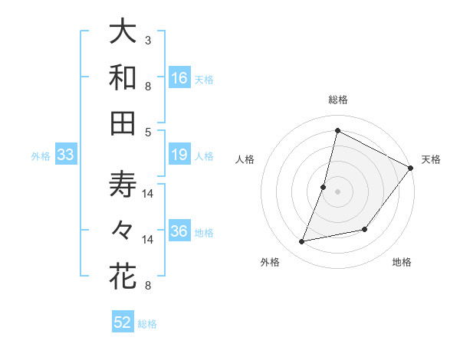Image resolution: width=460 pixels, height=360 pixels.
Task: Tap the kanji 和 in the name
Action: pos(123,77)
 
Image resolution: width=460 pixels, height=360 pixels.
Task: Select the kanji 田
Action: pos(123,123)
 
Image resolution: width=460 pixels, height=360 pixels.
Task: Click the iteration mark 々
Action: pos(123,231)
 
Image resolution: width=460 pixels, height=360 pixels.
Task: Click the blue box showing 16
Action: pos(179,78)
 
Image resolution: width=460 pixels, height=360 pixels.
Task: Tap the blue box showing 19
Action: pos(179,155)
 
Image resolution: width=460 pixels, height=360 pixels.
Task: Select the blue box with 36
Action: pos(179,232)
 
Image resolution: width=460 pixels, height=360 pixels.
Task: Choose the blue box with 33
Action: pos(66,155)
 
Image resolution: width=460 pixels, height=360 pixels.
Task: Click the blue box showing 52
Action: pos(123,322)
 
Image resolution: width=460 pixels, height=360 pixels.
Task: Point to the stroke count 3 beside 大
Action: pos(148,40)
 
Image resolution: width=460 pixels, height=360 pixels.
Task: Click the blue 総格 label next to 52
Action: pos(147,324)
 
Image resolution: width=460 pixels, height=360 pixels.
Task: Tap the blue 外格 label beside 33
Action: pos(41,156)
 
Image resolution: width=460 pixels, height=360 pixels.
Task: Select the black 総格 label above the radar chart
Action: pos(337,100)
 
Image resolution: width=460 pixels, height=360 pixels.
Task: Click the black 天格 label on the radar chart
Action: pos(431,159)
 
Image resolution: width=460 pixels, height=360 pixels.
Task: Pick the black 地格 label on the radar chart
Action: pos(402,262)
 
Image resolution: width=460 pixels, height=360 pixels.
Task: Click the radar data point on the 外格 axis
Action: pos(302,242)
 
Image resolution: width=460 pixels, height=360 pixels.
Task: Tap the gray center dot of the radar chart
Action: pos(337,191)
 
